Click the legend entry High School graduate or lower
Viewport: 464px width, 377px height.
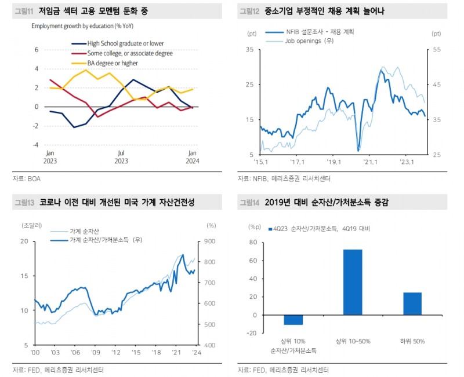coord(125,43)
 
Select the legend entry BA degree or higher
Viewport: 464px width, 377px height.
coord(113,63)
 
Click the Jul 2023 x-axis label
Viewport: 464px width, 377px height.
coord(121,157)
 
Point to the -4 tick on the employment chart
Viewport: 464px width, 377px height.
coord(36,145)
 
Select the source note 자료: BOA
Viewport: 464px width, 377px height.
coord(27,179)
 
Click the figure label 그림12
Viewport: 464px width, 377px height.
coord(250,11)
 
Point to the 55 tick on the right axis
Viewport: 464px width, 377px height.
coord(436,50)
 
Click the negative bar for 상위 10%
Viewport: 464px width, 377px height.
coord(293,320)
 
